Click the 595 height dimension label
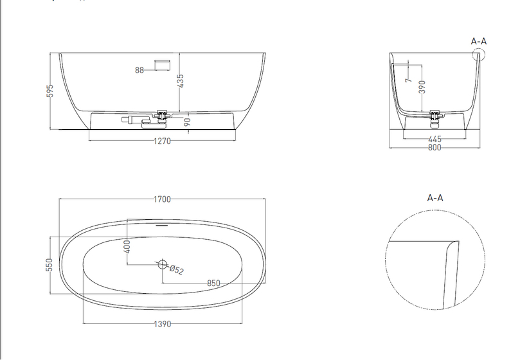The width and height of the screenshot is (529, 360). click(49, 91)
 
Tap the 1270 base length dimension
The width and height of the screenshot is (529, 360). click(162, 141)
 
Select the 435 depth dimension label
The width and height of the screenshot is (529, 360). click(180, 81)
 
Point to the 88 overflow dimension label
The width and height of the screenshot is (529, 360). click(139, 70)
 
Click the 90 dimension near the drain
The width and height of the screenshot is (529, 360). click(188, 122)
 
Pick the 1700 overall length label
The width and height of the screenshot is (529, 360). click(162, 199)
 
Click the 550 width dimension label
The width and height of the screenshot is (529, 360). click(49, 265)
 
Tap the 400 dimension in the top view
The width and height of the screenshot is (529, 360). click(127, 247)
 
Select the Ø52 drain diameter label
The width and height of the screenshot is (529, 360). click(177, 270)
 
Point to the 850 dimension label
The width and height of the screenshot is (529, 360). click(213, 283)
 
